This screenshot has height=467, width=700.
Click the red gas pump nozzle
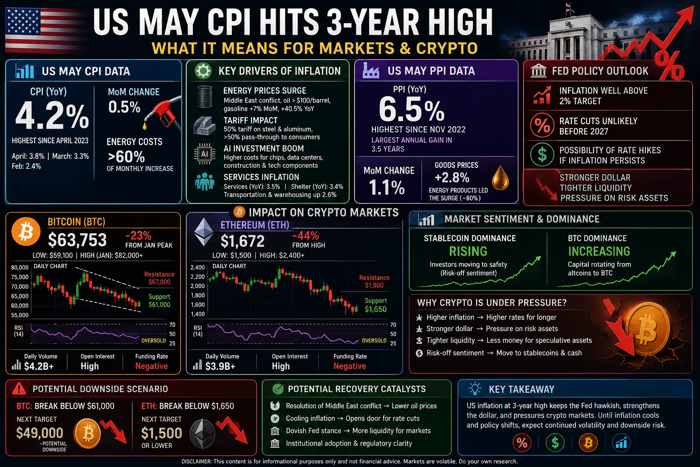(x=163, y=113)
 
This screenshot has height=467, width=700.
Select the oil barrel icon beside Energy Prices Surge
(x=205, y=97)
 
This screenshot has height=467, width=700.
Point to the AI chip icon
(x=205, y=154)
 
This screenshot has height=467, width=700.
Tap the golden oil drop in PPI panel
(x=500, y=178)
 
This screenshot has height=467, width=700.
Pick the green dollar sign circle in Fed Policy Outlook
(x=542, y=155)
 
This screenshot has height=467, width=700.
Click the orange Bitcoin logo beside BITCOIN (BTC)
(x=26, y=232)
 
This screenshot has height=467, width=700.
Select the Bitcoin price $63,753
(x=77, y=240)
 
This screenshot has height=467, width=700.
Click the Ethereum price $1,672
(x=242, y=241)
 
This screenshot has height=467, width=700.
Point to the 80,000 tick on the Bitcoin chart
(x=20, y=267)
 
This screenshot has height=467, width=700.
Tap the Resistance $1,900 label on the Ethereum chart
(x=374, y=281)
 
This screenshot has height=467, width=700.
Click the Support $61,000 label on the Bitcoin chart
(x=160, y=301)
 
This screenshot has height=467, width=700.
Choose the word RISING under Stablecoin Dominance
(x=468, y=251)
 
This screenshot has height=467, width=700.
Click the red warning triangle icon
(x=19, y=389)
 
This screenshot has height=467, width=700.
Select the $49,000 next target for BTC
(x=40, y=433)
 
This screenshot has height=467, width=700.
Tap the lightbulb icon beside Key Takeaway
(x=475, y=389)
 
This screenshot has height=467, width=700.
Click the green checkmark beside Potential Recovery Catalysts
(x=278, y=389)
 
